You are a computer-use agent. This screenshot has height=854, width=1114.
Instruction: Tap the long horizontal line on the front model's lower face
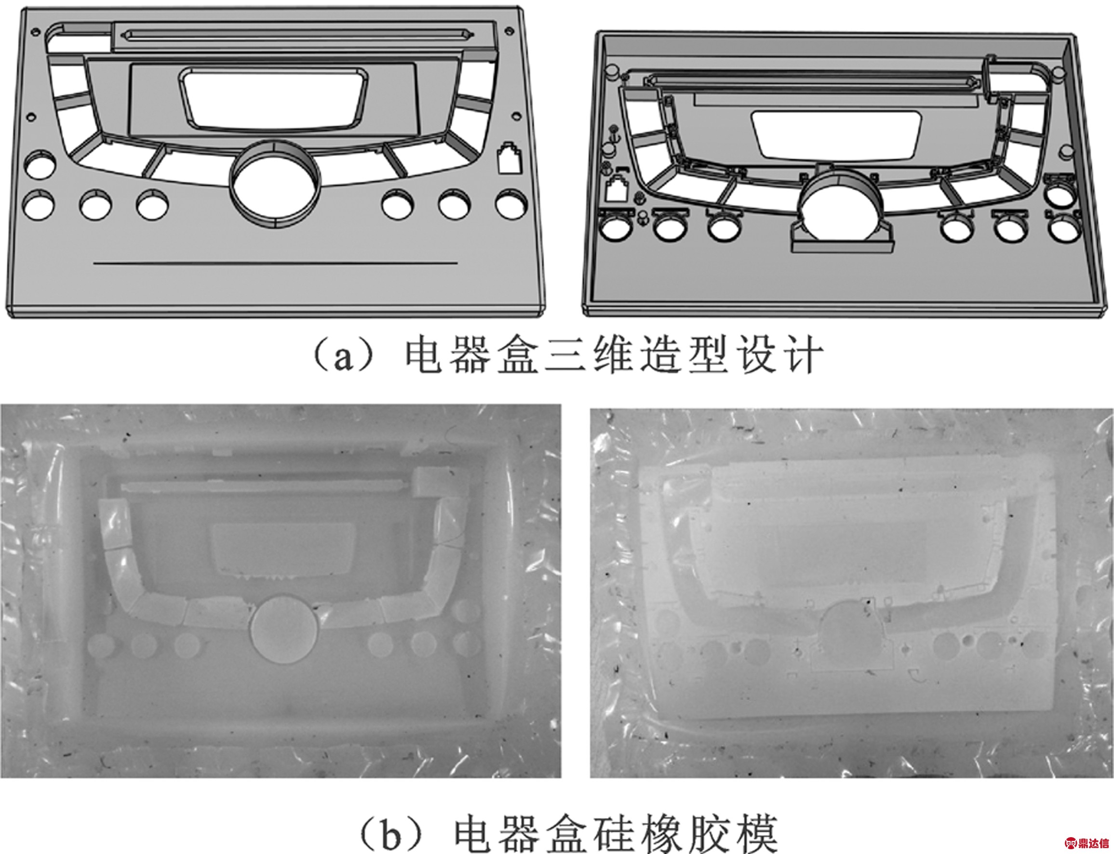pyautogui.click(x=275, y=263)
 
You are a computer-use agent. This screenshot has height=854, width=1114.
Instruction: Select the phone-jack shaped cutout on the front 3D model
pyautogui.click(x=510, y=158)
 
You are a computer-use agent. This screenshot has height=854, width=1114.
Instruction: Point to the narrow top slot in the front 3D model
pyautogui.click(x=297, y=35)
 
